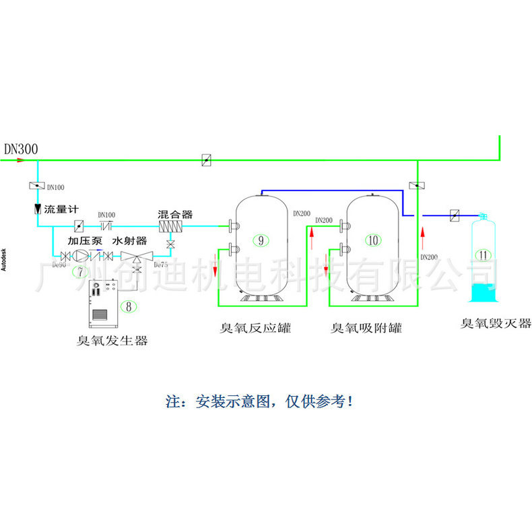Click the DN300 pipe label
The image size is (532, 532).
(x=21, y=149)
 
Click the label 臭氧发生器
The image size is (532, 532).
(x=112, y=341)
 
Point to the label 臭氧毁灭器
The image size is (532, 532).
(x=496, y=323)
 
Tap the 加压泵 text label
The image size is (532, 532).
(x=84, y=240)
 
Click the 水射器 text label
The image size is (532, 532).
(x=129, y=240)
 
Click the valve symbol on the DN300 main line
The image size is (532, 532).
(x=208, y=160)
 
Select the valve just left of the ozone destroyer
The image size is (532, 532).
(x=455, y=215)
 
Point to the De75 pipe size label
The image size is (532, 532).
(x=160, y=265)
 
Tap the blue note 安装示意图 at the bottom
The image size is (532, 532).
(x=259, y=402)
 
